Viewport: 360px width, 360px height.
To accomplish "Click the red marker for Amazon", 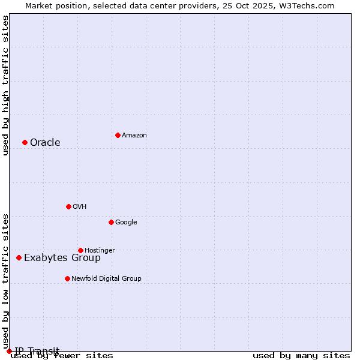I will (118, 135).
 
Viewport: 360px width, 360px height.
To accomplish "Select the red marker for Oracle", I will (25, 142).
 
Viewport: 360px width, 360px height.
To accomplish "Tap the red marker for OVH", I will (68, 206).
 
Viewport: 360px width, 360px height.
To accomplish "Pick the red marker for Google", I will (111, 222).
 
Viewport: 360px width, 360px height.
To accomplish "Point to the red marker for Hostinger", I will (80, 250).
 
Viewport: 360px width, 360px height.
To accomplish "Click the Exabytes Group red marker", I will (19, 257).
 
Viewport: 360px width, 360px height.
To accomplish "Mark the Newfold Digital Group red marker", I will (67, 278).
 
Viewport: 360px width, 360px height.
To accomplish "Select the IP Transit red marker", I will (9, 351).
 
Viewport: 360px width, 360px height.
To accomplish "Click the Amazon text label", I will (134, 136).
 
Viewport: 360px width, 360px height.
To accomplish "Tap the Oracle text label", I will (45, 143).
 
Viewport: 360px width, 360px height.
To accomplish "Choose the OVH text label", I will (80, 207).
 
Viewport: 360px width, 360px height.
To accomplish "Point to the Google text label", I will (126, 223).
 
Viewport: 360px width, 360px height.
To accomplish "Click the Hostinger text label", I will (100, 251).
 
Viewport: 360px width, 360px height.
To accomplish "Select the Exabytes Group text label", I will (62, 258).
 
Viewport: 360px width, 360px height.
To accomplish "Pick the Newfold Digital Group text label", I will (106, 279).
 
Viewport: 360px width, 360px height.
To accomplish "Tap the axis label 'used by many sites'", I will (301, 356).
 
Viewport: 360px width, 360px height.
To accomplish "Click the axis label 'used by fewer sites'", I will (62, 356).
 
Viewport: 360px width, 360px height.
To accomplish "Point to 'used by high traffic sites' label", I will (5, 85).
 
